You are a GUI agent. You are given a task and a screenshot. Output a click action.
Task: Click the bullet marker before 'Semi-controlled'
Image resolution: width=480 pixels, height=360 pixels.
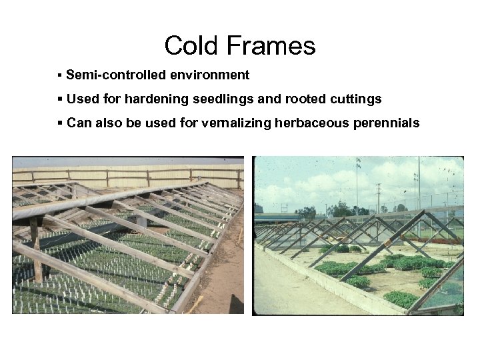tap(60, 75)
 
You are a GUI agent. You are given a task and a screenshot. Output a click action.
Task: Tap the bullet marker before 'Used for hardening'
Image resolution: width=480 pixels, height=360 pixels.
tap(60, 99)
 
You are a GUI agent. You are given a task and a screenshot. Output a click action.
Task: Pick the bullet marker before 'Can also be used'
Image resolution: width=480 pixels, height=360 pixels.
tap(60, 123)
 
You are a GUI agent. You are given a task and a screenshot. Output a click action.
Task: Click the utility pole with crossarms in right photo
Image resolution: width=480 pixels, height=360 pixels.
tap(378, 197)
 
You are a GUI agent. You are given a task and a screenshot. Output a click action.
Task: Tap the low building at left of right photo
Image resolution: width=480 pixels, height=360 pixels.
tap(273, 217)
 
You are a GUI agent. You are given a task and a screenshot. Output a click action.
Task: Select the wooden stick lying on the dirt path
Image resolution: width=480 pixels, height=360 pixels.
tap(196, 304)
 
